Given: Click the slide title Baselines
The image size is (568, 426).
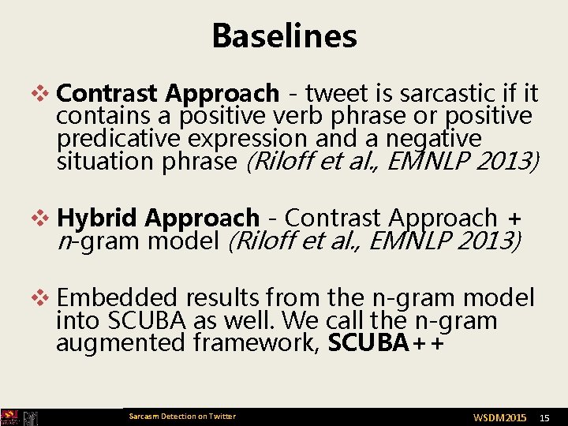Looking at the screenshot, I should [x=284, y=35].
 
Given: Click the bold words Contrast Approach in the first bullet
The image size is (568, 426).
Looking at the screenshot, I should [x=168, y=94].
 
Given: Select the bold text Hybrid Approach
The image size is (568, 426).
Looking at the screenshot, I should [x=159, y=217].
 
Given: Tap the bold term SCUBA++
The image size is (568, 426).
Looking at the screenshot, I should [x=385, y=343].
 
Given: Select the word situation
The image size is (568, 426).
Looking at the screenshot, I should [x=104, y=162].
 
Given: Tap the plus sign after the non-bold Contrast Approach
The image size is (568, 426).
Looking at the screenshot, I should [x=515, y=218].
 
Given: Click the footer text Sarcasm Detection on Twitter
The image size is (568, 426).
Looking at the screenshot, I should [x=181, y=417].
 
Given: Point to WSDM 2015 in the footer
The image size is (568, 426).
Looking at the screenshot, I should [x=499, y=417].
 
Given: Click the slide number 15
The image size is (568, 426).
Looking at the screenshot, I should [x=544, y=417].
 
